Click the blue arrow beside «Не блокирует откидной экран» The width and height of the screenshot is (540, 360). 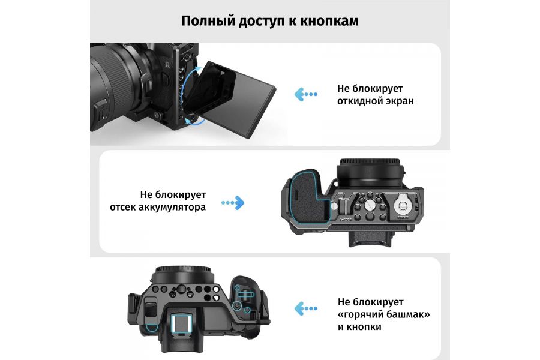tap(305, 94)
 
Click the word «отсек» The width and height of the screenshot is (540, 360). tap(124, 208)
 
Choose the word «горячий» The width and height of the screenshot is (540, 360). tap(362, 314)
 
